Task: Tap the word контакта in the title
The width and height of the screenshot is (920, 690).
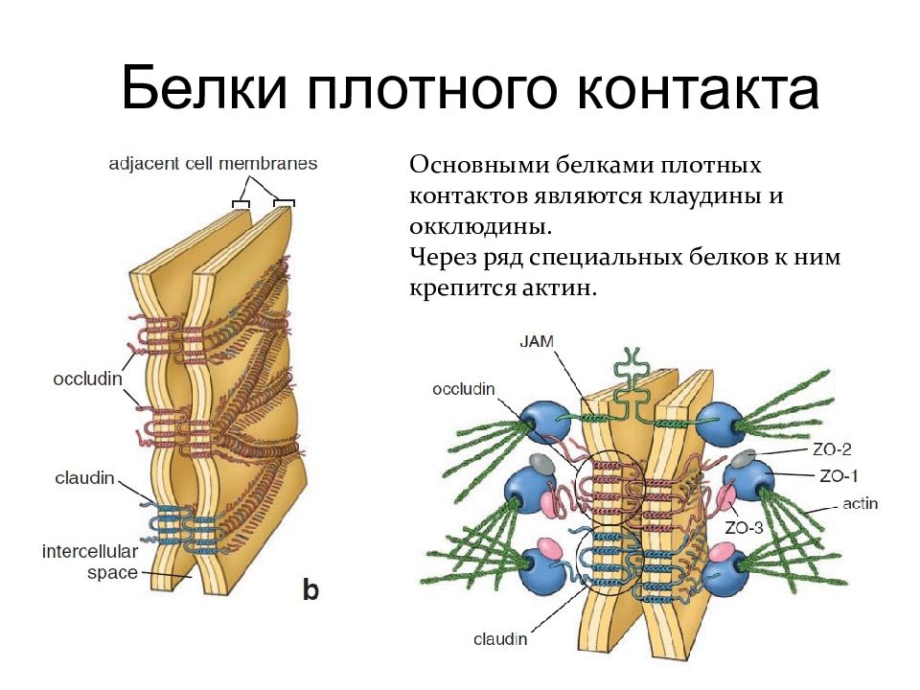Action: point(699,89)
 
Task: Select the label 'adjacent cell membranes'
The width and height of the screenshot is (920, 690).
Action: point(213,164)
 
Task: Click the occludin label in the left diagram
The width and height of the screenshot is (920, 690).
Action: point(88,379)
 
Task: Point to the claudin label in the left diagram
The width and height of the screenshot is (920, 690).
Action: point(84,478)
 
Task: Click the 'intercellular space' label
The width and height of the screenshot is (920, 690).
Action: point(90,563)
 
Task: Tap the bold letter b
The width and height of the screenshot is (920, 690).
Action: point(310,589)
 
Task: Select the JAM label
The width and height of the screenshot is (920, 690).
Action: point(537,341)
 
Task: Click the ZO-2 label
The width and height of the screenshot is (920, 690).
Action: point(832,449)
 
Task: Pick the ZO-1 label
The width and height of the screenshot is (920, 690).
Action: point(839,476)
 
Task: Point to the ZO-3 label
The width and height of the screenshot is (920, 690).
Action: point(744,528)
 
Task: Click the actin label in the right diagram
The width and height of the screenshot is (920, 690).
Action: point(861,503)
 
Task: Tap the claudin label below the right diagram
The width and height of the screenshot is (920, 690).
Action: point(500,639)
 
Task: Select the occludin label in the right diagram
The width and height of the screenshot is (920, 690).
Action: point(464,390)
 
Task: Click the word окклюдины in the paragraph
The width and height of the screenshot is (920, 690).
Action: point(480,226)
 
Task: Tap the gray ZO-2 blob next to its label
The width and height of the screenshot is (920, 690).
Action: point(746,457)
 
